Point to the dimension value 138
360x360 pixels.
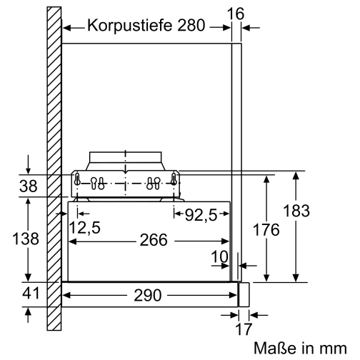click(27, 239)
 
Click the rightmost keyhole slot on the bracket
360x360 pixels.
click(174, 183)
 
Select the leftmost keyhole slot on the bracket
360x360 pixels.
click(79, 183)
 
